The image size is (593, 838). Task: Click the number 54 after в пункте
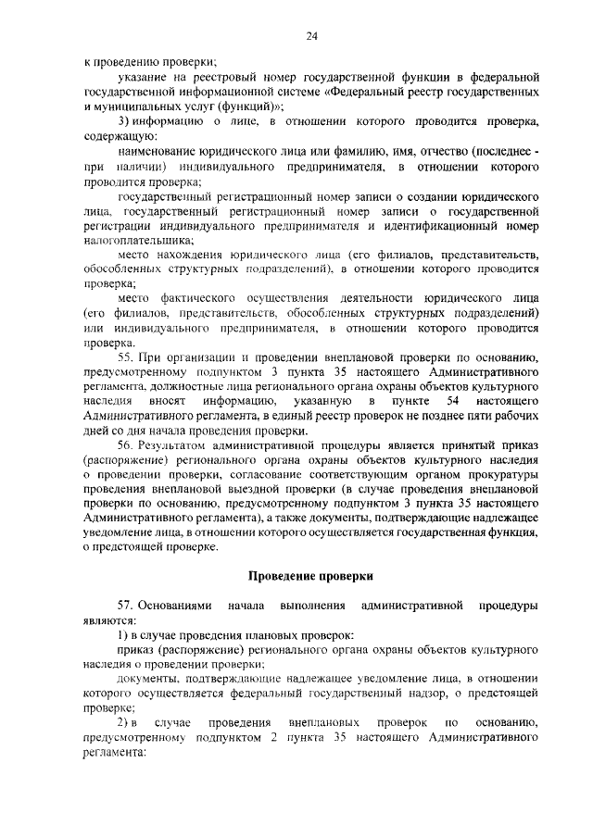(453, 401)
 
